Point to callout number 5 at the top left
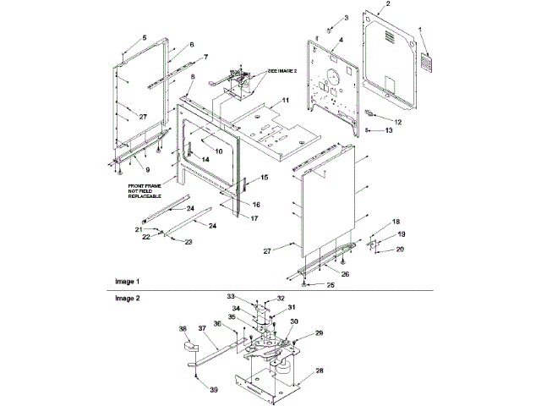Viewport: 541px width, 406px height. pyautogui.click(x=144, y=38)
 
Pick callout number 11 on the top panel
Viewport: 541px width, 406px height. pyautogui.click(x=286, y=100)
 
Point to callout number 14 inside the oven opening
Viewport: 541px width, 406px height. pyautogui.click(x=205, y=159)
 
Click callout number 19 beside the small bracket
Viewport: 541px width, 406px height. pyautogui.click(x=402, y=233)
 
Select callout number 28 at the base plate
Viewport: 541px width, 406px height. pyautogui.click(x=320, y=370)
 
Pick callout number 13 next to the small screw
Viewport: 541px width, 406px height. pyautogui.click(x=389, y=131)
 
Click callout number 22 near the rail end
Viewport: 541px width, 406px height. pyautogui.click(x=145, y=238)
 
